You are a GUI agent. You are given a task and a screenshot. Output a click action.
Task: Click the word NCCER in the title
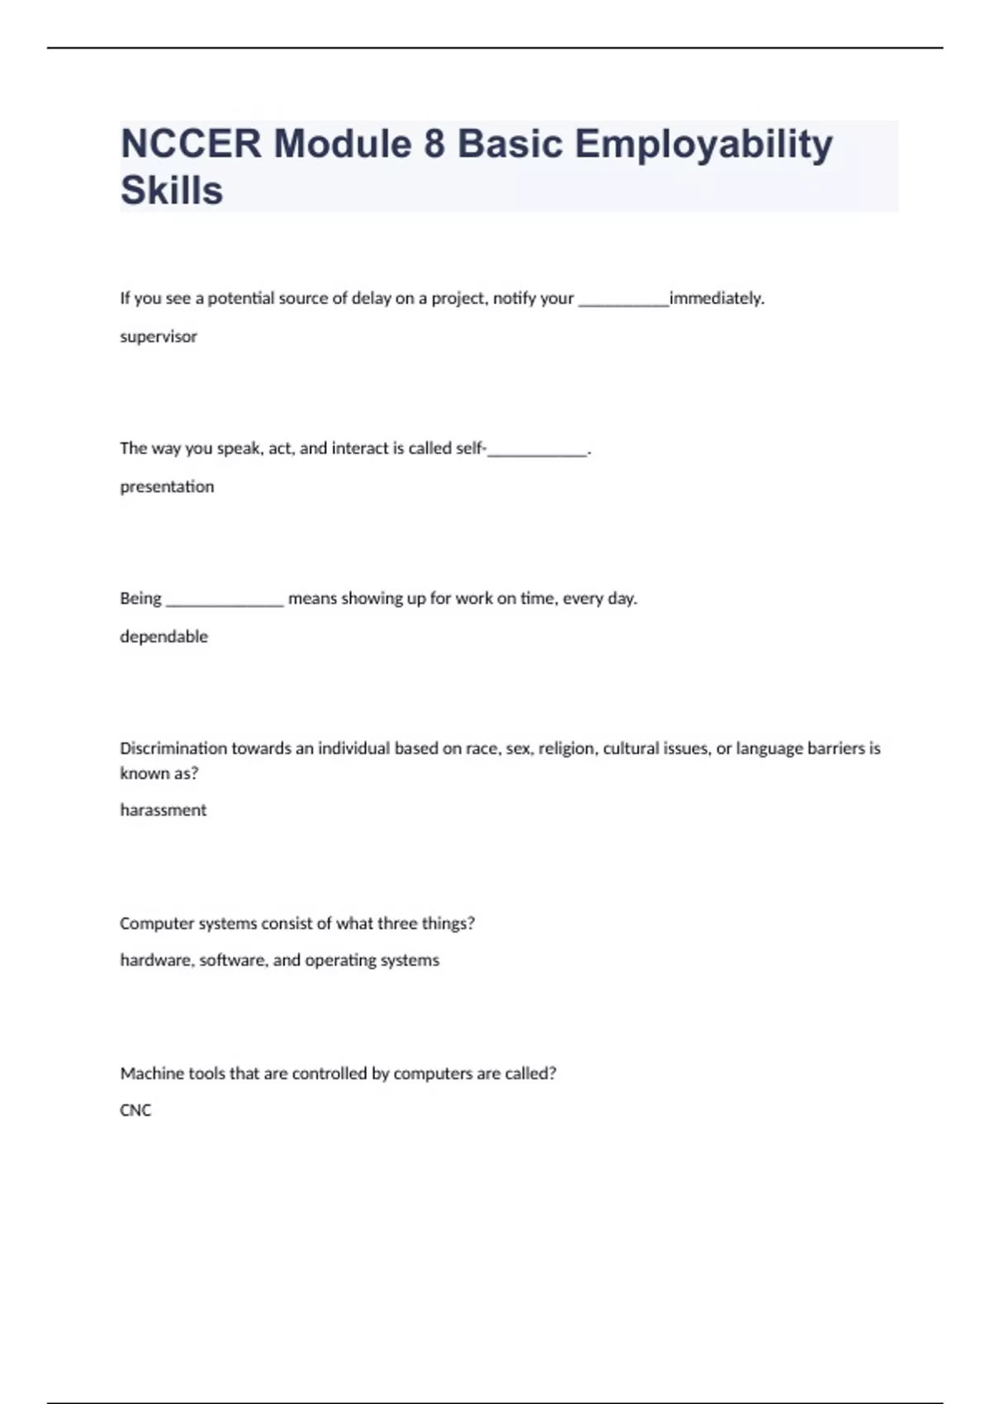[x=191, y=144]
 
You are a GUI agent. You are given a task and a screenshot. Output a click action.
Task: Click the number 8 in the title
[x=434, y=144]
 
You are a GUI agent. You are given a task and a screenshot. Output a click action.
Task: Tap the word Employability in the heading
[x=704, y=145]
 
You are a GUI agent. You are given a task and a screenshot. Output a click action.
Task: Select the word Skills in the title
[x=172, y=191]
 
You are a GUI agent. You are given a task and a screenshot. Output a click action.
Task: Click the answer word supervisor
[x=159, y=337]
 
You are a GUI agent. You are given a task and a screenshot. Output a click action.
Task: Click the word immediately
[x=716, y=298]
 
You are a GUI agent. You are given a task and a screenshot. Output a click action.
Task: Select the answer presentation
[x=167, y=487]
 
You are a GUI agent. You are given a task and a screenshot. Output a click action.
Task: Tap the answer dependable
[x=164, y=637]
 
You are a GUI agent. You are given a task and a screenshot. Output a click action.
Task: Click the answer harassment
[x=163, y=810]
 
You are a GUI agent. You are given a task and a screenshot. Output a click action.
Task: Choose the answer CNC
[x=135, y=1111]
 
